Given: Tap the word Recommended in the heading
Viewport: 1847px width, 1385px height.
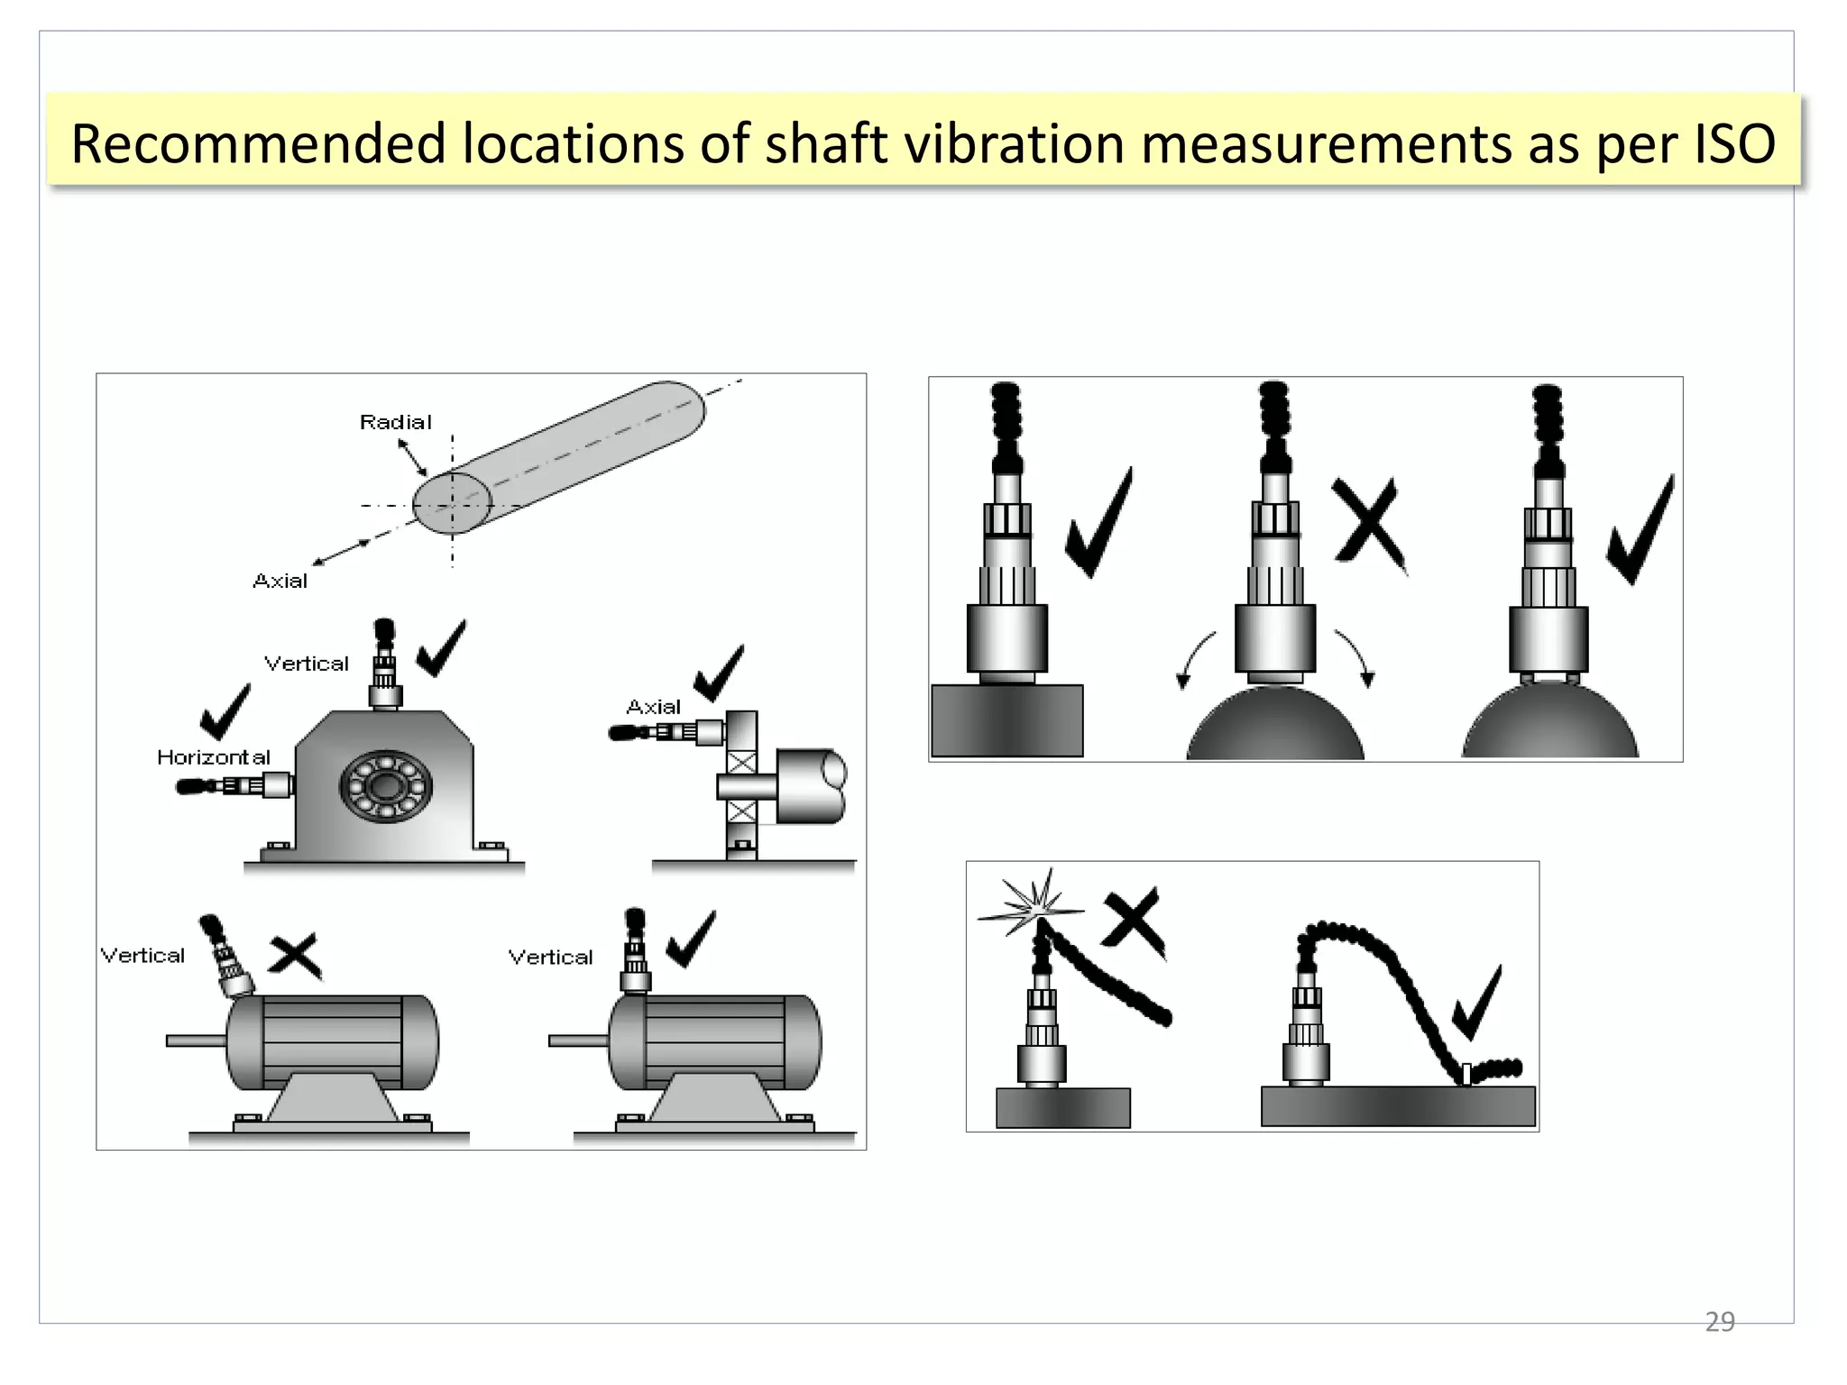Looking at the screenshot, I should (258, 144).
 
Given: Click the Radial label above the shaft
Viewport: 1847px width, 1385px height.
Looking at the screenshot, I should (395, 422).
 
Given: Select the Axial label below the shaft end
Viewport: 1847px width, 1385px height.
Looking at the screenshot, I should (280, 582).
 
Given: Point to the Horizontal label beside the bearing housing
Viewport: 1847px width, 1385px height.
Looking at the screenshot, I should (213, 757).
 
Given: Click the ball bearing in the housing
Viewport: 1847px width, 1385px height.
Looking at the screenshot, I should (385, 786).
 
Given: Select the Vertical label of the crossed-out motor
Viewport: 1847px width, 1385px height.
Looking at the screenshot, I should (142, 956).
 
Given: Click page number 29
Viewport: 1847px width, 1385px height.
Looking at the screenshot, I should (1719, 1322).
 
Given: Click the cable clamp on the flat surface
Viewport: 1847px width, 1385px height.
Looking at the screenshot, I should (1466, 1074).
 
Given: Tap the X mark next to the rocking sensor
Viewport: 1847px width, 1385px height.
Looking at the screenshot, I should (1368, 523).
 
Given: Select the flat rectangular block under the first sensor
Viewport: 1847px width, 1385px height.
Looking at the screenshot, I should (1006, 720).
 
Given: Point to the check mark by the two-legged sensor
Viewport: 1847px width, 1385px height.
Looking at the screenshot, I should (1640, 533).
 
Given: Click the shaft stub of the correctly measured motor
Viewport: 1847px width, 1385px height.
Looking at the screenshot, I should (578, 1041).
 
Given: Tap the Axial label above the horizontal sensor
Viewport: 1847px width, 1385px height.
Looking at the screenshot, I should (653, 707).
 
